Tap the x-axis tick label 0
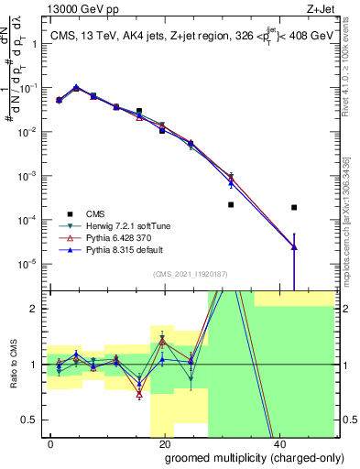[50, 443]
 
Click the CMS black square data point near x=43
[293, 207]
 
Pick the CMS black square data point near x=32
[231, 204]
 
